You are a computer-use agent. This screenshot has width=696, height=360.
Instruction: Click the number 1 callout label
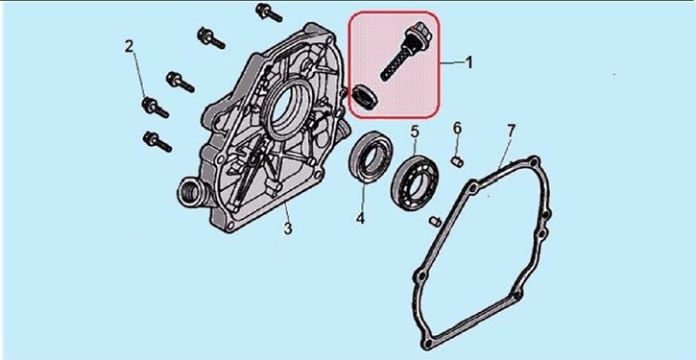point(468,62)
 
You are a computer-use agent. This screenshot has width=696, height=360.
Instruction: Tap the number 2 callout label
point(129,46)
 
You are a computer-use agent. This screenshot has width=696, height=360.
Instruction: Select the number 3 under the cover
point(288,228)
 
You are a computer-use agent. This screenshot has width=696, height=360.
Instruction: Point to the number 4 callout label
point(360,218)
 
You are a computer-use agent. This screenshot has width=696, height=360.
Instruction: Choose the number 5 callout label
point(414,132)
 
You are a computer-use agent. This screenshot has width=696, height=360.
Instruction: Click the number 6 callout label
point(457,129)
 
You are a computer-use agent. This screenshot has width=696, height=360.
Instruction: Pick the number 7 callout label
point(511,131)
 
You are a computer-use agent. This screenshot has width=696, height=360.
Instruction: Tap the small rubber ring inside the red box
point(366,97)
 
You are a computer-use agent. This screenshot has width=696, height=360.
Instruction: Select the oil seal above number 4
point(371,156)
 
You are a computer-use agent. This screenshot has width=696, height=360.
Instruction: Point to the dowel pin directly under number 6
point(457,162)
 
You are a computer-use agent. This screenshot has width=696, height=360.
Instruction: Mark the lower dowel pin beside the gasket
point(436,221)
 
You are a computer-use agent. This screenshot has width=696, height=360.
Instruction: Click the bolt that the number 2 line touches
point(155,108)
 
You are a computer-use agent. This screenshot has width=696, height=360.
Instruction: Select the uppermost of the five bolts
point(269,12)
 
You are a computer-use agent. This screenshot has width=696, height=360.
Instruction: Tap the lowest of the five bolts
point(157,142)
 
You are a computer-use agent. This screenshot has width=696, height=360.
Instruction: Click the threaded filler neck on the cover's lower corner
point(190,192)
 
